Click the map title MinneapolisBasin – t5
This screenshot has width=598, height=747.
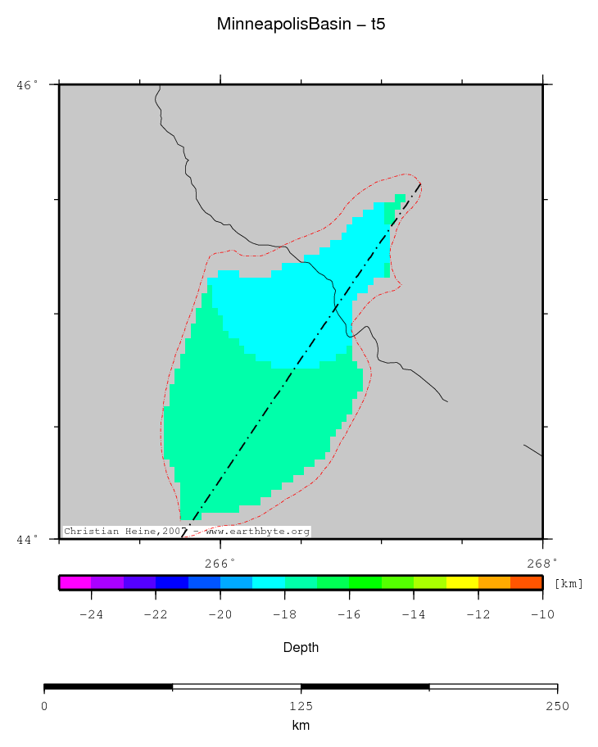click(301, 24)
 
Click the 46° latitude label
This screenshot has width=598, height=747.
click(27, 84)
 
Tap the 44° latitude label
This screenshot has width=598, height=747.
click(27, 539)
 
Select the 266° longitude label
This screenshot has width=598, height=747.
click(220, 562)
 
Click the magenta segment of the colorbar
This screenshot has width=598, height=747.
click(75, 582)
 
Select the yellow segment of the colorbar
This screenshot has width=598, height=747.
click(462, 582)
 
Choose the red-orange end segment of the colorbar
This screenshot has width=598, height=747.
click(526, 582)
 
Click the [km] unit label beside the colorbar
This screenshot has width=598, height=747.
click(569, 583)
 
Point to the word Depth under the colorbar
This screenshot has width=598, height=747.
click(301, 648)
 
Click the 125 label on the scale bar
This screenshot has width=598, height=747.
click(301, 706)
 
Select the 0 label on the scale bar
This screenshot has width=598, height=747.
click(44, 706)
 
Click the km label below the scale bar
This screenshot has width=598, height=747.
click(301, 726)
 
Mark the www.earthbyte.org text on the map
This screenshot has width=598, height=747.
click(257, 532)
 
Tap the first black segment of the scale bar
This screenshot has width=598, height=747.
click(108, 686)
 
